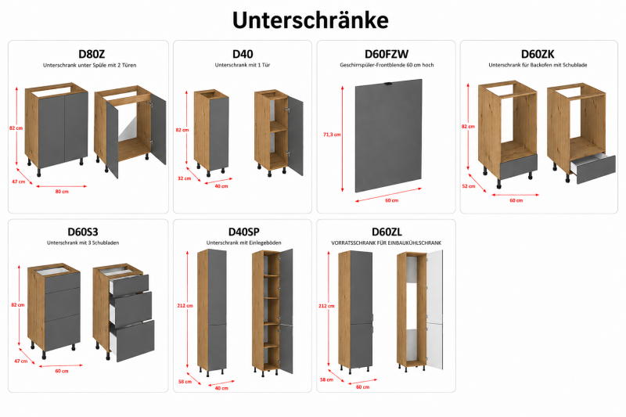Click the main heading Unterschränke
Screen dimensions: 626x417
click(x=310, y=20)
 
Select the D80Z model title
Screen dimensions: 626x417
click(x=92, y=54)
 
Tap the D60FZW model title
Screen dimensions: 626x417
click(x=387, y=54)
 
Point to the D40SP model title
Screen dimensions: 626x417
click(x=243, y=232)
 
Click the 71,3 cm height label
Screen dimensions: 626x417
click(x=332, y=135)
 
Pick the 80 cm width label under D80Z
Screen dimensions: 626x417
click(x=62, y=192)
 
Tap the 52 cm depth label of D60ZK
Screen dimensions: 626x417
click(x=468, y=186)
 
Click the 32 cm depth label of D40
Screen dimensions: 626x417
click(x=184, y=178)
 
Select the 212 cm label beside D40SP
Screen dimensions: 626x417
click(x=185, y=306)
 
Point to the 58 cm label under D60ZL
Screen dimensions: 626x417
click(x=326, y=379)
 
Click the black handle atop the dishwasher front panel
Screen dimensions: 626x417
click(x=388, y=84)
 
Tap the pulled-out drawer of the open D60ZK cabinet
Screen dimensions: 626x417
click(x=593, y=168)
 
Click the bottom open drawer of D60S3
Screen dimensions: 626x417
click(x=132, y=341)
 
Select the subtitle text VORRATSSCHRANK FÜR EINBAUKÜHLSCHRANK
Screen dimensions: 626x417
click(x=386, y=243)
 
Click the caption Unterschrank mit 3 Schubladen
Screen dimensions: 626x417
click(x=83, y=243)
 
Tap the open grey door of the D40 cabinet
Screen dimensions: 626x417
click(x=296, y=136)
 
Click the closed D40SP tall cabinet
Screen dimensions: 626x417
click(x=212, y=311)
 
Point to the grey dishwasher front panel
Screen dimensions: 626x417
click(x=388, y=135)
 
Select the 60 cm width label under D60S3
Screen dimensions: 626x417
click(x=62, y=371)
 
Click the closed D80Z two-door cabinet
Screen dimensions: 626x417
click(x=56, y=128)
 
